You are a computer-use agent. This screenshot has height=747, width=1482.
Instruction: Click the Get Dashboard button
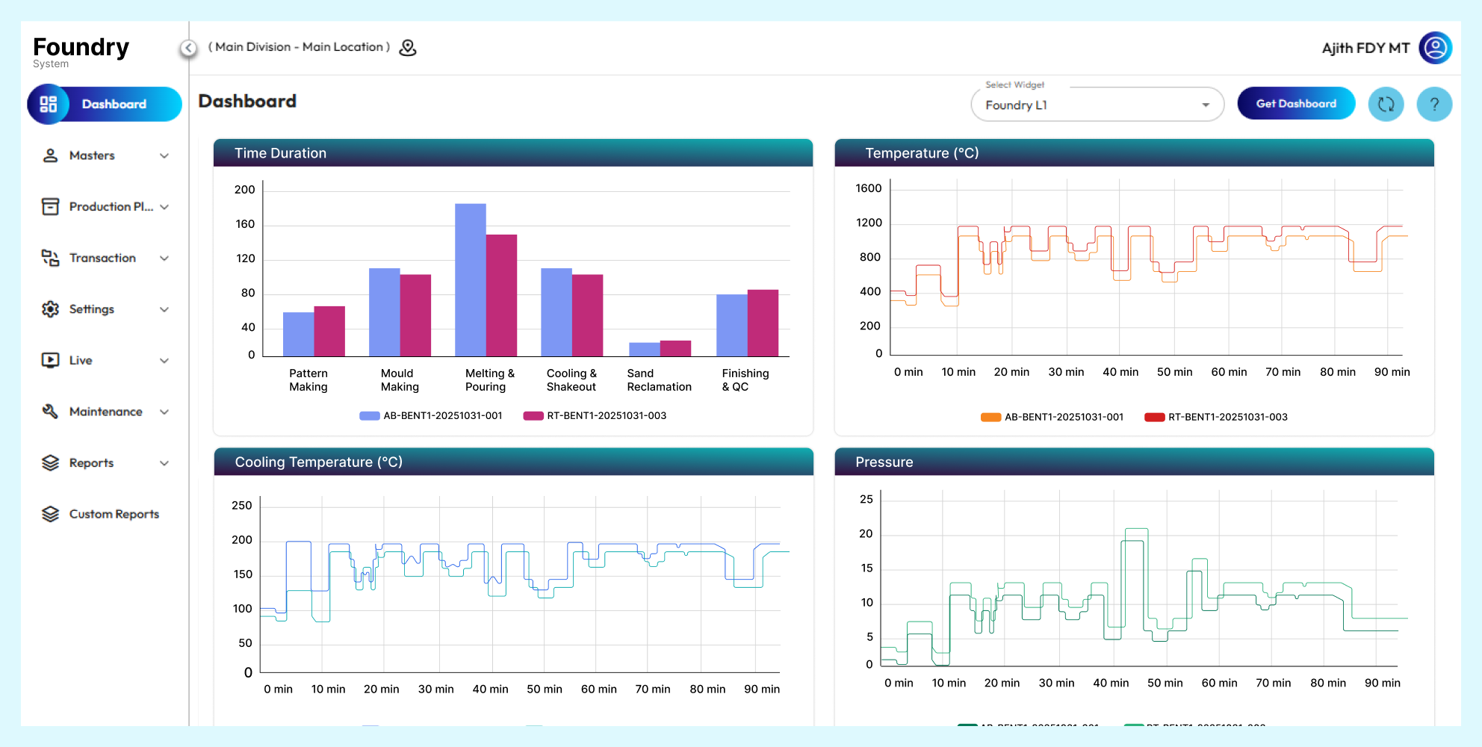pyautogui.click(x=1296, y=104)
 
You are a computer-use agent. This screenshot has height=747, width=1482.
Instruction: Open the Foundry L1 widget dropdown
pyautogui.click(x=1097, y=105)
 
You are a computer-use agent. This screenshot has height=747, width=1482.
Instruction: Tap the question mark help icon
pyautogui.click(x=1433, y=105)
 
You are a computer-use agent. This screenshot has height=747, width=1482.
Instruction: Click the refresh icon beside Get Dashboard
pyautogui.click(x=1386, y=105)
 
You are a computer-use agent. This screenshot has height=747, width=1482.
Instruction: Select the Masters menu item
pyautogui.click(x=92, y=155)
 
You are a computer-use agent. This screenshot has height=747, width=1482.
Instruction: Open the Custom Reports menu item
pyautogui.click(x=114, y=514)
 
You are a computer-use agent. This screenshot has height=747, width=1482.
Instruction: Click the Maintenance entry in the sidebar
pyautogui.click(x=105, y=412)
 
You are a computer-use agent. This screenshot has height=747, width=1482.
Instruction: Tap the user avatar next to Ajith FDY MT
pyautogui.click(x=1435, y=48)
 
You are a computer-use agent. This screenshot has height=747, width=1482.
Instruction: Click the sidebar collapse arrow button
pyautogui.click(x=189, y=48)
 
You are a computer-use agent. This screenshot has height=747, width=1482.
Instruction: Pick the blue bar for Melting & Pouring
pyautogui.click(x=470, y=280)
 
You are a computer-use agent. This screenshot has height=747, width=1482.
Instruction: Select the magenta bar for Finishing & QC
pyautogui.click(x=763, y=323)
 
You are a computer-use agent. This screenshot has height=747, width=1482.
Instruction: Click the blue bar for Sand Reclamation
pyautogui.click(x=644, y=349)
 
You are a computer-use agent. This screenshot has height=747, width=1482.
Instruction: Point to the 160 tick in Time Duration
pyautogui.click(x=245, y=224)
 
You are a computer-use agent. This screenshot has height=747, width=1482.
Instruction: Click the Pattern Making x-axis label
pyautogui.click(x=309, y=379)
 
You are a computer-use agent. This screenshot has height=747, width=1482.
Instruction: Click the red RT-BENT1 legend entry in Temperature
pyautogui.click(x=1217, y=417)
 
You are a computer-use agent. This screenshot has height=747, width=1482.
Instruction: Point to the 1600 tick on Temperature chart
pyautogui.click(x=869, y=188)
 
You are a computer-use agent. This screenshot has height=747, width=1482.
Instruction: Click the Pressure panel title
pyautogui.click(x=884, y=462)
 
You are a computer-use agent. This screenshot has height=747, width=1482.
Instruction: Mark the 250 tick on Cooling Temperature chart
pyautogui.click(x=242, y=506)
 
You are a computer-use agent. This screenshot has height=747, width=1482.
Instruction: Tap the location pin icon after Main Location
pyautogui.click(x=408, y=48)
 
